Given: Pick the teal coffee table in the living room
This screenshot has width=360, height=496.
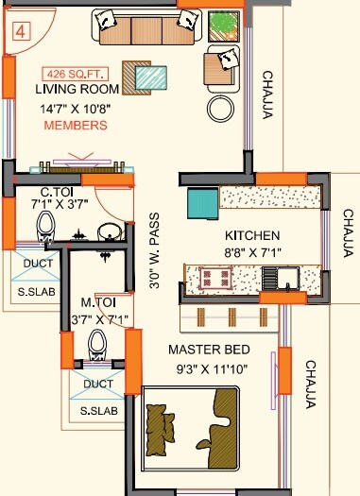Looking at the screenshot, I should [148, 77].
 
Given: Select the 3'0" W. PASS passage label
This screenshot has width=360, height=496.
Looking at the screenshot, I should [155, 254].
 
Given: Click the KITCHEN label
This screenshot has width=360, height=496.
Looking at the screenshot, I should [251, 235].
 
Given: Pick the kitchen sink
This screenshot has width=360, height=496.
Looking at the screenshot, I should [283, 278].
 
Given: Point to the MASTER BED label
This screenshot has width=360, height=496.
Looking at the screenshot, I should [208, 350].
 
